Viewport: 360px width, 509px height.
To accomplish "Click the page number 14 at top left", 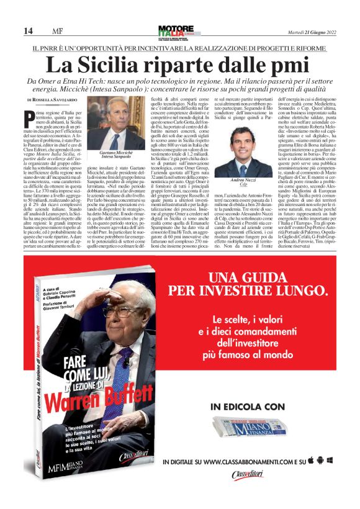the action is click(28, 31).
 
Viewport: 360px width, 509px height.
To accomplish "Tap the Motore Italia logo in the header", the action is click(176, 30).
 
